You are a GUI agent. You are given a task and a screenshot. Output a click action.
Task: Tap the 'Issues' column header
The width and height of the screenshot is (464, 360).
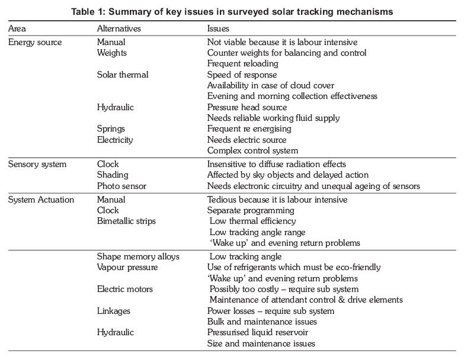pos(218,28)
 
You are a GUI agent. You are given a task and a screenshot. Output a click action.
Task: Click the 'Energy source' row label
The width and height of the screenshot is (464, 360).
pos(35,43)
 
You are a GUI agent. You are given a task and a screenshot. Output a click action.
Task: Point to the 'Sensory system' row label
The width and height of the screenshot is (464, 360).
pos(37,164)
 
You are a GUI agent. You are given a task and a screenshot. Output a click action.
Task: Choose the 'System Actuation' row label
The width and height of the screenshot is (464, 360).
pos(41,200)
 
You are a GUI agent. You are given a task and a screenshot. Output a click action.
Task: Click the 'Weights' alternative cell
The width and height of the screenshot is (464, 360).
pos(113,53)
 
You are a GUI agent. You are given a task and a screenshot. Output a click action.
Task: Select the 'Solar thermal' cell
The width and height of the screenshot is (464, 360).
pos(123,75)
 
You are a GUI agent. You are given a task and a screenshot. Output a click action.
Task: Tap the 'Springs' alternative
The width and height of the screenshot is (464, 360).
pos(112,128)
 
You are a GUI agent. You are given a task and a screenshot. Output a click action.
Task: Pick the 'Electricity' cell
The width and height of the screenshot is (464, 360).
pos(115,140)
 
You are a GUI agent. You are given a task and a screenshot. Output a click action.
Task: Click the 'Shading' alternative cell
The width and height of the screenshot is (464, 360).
pos(113,175)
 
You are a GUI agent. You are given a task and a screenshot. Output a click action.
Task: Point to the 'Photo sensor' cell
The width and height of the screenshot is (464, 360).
pos(121,186)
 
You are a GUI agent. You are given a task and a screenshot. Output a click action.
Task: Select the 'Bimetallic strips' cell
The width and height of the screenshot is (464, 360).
pos(126,221)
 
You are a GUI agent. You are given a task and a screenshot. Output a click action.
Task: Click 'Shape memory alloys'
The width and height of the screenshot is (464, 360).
pos(138,256)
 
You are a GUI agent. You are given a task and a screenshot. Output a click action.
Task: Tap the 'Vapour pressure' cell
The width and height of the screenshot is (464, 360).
pos(127,267)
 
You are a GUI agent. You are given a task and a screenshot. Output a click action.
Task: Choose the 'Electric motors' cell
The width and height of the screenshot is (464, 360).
pos(125,289)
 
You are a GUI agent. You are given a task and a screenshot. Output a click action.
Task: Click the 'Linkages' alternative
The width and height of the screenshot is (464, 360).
pos(114,311)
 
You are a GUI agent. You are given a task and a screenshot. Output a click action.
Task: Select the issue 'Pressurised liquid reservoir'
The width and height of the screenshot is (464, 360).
pos(258,333)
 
